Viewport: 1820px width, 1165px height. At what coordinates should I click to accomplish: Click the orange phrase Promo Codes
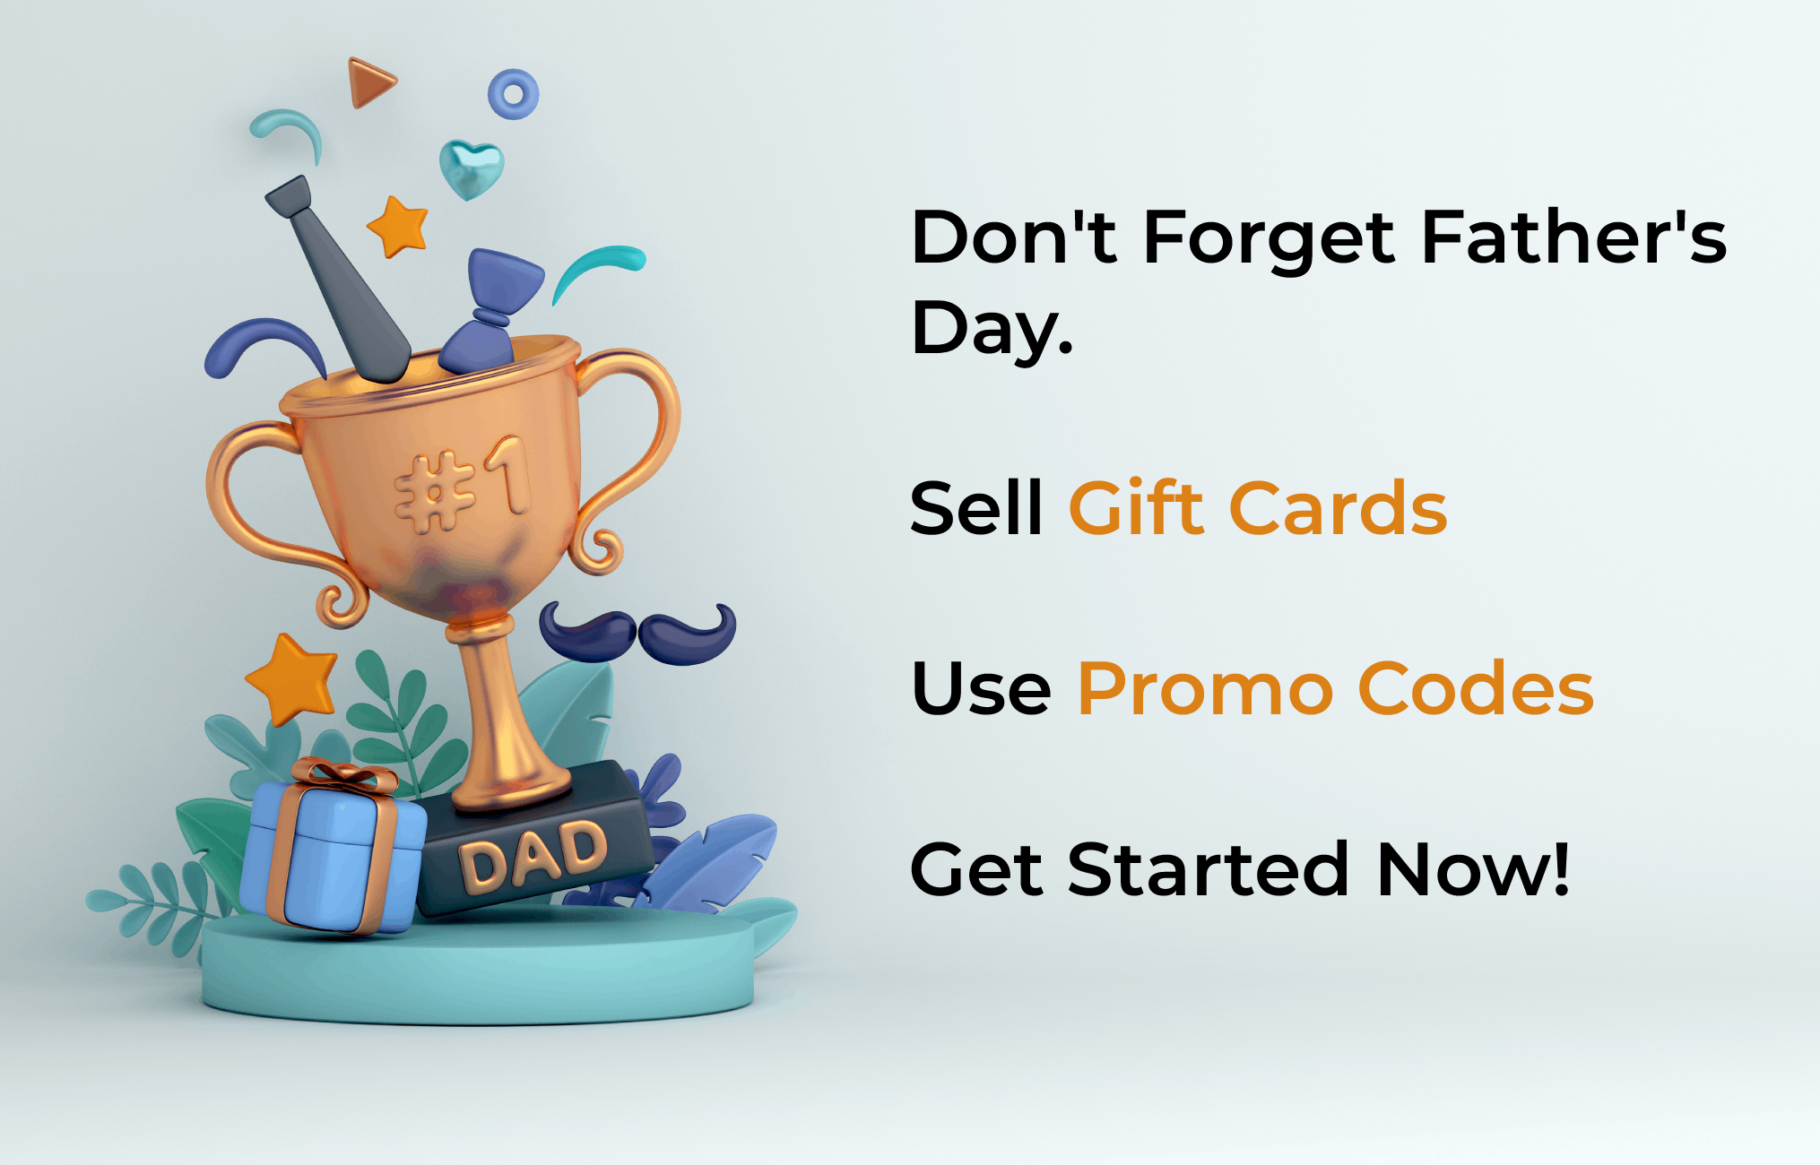click(x=1336, y=688)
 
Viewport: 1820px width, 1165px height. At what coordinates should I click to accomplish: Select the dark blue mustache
click(x=637, y=632)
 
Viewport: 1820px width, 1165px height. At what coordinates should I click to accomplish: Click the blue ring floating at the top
click(x=514, y=94)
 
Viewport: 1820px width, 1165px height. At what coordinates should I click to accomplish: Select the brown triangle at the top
click(x=370, y=82)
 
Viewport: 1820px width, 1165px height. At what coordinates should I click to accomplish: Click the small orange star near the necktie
click(x=398, y=226)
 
